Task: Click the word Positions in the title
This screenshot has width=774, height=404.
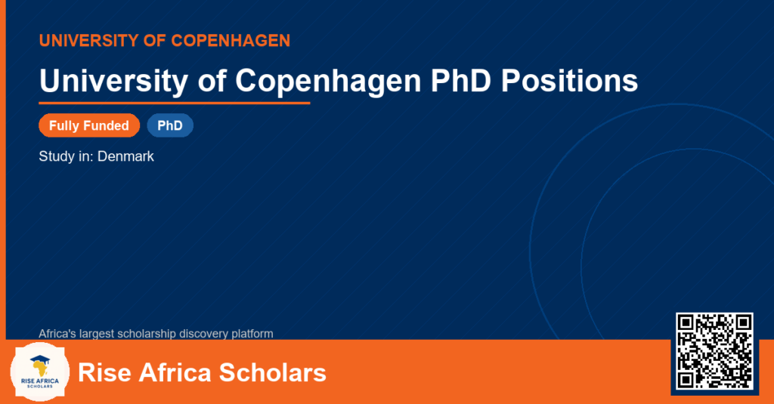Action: tap(570, 80)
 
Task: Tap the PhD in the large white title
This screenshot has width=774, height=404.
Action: tap(460, 80)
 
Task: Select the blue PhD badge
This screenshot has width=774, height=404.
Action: tap(170, 125)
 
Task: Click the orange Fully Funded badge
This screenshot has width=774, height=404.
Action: tap(89, 125)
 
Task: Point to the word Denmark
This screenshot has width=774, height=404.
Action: tap(125, 156)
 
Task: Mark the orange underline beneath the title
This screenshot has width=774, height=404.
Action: tap(175, 103)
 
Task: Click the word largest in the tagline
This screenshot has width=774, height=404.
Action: tap(96, 334)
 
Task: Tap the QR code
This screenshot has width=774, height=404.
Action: tap(714, 351)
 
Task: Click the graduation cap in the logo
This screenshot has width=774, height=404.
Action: tap(40, 359)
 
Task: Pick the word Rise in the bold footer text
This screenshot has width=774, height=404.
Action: tap(104, 372)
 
